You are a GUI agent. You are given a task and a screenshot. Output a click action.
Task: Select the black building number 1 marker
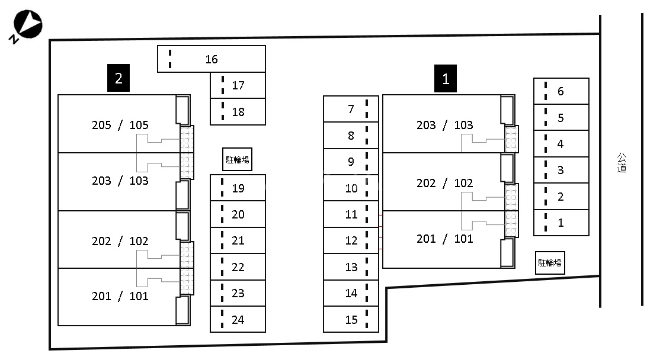coord(446,78)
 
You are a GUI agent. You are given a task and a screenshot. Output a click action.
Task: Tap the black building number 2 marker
coord(118,78)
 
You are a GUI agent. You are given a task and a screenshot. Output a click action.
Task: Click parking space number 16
coord(211,59)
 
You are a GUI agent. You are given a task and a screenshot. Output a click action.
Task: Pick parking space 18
coord(238,111)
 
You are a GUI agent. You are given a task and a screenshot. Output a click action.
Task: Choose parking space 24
coord(238,320)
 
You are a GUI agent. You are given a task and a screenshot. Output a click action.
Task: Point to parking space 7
coord(351,109)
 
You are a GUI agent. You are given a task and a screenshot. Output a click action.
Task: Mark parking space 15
coord(351,320)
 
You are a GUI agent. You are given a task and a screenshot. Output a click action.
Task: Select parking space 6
coord(560,91)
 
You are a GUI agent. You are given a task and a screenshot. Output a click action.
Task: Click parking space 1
coord(560,223)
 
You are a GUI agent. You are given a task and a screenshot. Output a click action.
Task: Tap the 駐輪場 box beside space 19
coord(237,159)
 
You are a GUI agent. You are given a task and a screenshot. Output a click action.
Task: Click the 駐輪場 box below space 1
coord(549,262)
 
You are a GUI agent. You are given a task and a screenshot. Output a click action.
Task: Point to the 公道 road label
coord(622,163)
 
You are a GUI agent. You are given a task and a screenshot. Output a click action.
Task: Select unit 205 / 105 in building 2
coord(120,125)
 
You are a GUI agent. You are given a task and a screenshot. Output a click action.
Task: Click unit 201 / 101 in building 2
coord(120,296)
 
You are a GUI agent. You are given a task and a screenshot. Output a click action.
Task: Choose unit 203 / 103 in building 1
coord(444,125)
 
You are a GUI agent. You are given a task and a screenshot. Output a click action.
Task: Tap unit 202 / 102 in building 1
coord(444,183)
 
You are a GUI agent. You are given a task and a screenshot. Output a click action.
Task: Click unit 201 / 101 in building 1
coord(444,239)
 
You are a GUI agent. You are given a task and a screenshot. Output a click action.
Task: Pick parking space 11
coord(351,214)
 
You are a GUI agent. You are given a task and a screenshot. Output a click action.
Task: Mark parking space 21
coord(238,240)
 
